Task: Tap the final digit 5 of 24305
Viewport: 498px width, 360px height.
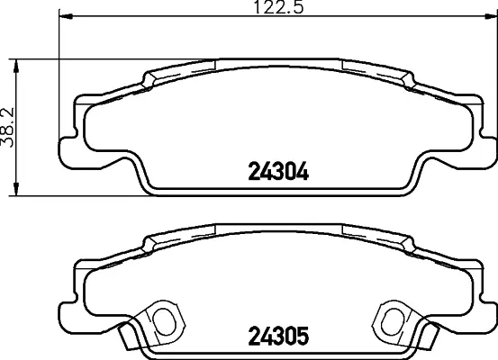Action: pos(303,337)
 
